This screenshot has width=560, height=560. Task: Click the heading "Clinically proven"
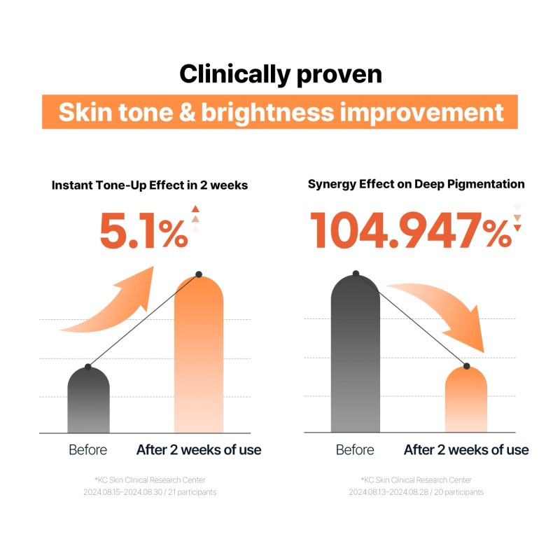280,74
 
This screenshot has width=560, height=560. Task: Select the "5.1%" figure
143,231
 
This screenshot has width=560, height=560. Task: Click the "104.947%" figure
410,231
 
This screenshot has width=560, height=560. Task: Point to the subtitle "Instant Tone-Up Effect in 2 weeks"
149,185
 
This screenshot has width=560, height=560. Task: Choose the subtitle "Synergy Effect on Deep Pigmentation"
416,184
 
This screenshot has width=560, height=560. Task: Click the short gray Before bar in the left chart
88,402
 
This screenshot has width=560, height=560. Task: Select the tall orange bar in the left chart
199,357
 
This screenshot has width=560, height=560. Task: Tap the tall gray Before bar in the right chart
356,357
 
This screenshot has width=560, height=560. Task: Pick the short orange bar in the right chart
466,402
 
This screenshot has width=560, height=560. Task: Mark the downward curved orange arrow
441,311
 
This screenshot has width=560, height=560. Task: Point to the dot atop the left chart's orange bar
199,274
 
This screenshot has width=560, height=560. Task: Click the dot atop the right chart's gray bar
356,273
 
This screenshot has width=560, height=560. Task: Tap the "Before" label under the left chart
88,450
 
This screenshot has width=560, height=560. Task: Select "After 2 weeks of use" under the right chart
466,450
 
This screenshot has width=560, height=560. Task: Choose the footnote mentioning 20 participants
416,486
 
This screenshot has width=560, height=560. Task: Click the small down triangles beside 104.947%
518,218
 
